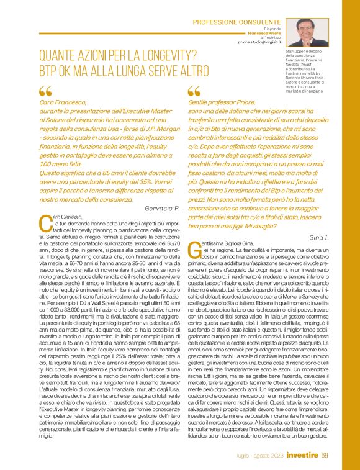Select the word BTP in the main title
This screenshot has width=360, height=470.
tap(49, 68)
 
